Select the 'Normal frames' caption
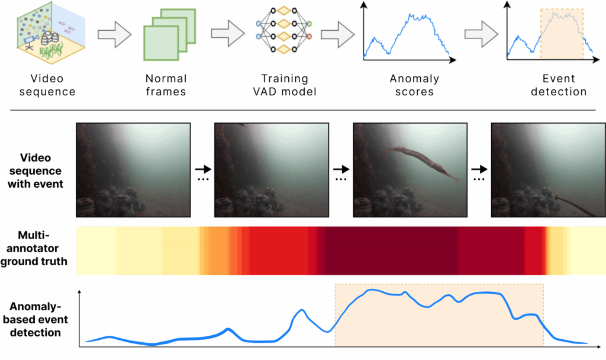(166, 85)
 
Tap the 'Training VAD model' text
(285, 85)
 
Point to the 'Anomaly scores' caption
(414, 85)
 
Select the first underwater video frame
(133, 170)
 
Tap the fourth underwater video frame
(548, 170)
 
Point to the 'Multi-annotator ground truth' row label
(38, 251)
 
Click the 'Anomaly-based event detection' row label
(38, 320)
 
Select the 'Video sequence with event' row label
(38, 171)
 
